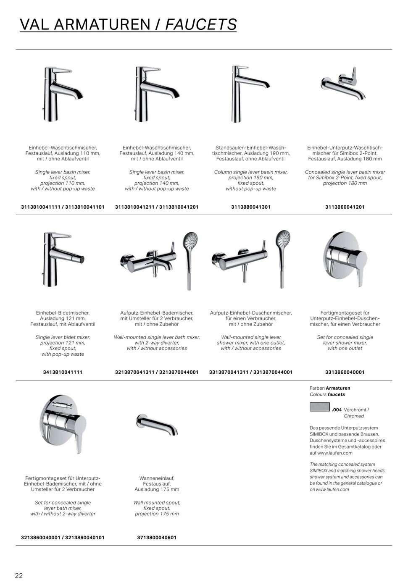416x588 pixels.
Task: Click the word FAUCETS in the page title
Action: (x=201, y=24)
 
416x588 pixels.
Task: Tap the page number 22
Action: (x=19, y=575)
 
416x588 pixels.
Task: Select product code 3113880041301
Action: (x=251, y=207)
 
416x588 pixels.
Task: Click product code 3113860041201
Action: (x=345, y=207)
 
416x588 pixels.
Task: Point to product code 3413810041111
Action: (x=63, y=372)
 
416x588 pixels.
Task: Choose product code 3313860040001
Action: (x=345, y=372)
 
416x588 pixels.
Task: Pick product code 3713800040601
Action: (x=157, y=538)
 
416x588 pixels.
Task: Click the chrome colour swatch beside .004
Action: (x=319, y=407)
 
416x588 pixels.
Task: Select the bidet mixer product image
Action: (x=62, y=258)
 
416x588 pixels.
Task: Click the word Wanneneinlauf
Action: (x=157, y=478)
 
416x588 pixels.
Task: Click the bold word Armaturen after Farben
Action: (x=338, y=388)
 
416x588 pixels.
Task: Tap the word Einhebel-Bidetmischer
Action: (x=63, y=313)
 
